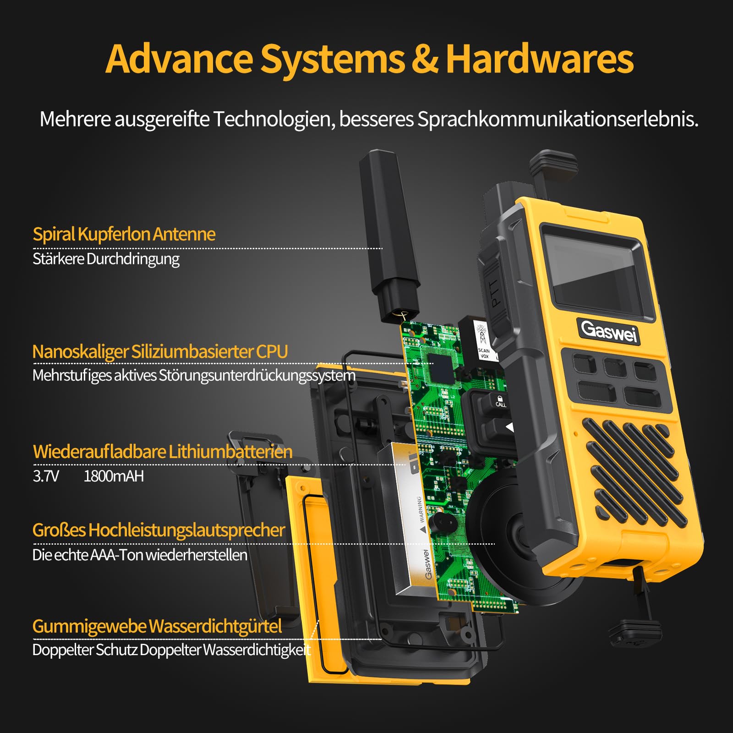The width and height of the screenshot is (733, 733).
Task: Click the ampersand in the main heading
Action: coord(425,59)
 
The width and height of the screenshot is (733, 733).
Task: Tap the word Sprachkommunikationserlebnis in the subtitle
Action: coord(558,120)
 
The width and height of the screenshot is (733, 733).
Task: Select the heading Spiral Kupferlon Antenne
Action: coord(124,234)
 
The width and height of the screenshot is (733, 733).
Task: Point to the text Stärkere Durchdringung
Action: coord(106,259)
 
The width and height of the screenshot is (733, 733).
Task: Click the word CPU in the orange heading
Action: coord(272,352)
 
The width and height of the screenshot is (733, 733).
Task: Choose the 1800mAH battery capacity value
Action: coord(114,476)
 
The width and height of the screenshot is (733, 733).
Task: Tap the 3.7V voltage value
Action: coord(46,476)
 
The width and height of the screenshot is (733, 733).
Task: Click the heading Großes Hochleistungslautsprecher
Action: coord(159,531)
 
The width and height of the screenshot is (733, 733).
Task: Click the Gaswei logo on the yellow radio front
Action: coord(609,331)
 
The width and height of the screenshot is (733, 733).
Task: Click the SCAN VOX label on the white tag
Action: coord(484,353)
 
